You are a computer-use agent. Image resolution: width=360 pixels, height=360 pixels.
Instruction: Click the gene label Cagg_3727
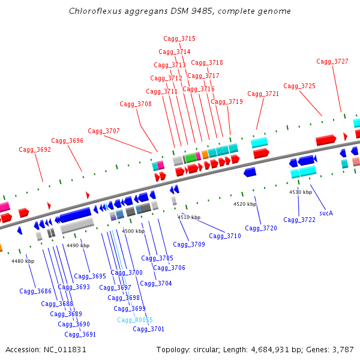pyautogui.click(x=332, y=61)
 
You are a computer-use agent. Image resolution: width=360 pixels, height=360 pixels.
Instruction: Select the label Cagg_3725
pyautogui.click(x=299, y=86)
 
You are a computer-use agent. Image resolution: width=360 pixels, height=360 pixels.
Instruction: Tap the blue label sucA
pyautogui.click(x=326, y=213)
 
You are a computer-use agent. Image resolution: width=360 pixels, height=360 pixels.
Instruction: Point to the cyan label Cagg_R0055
pyautogui.click(x=135, y=320)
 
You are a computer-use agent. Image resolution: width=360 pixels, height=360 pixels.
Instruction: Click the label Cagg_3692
pyautogui.click(x=35, y=149)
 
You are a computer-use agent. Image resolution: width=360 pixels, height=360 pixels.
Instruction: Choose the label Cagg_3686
pyautogui.click(x=35, y=291)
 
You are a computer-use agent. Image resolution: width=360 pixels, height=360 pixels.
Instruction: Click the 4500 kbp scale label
pyautogui.click(x=133, y=231)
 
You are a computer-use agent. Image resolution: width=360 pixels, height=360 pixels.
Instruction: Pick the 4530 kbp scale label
pyautogui.click(x=301, y=192)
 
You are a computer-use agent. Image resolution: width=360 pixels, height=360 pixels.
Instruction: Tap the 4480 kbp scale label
pyautogui.click(x=23, y=261)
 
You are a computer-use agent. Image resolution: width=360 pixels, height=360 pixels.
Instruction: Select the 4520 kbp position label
pyautogui.click(x=245, y=205)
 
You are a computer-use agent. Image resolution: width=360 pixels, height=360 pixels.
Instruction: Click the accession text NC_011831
pyautogui.click(x=65, y=349)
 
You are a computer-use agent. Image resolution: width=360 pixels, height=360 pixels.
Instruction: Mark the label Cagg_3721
pyautogui.click(x=263, y=94)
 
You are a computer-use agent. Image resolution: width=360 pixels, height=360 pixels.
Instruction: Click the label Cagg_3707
pyautogui.click(x=104, y=131)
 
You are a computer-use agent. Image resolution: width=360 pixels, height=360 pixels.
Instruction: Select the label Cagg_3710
pyautogui.click(x=225, y=236)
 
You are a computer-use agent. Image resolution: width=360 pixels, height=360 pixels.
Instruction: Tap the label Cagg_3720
pyautogui.click(x=261, y=228)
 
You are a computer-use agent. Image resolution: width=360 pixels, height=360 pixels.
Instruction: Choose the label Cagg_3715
pyautogui.click(x=179, y=38)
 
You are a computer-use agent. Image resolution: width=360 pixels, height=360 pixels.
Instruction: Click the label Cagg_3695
pyautogui.click(x=90, y=277)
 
